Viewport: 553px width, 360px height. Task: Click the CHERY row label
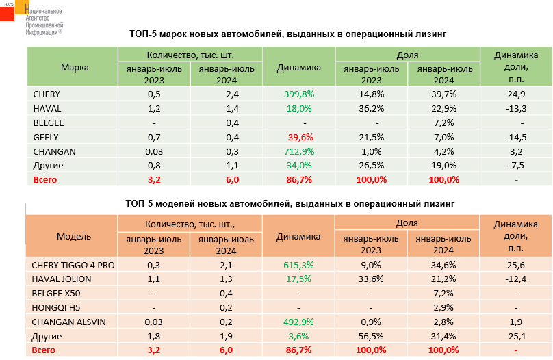(x=47, y=94)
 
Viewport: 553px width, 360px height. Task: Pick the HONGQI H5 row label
(x=53, y=307)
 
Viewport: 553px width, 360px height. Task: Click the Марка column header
(x=74, y=67)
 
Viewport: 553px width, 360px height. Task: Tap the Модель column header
(x=74, y=237)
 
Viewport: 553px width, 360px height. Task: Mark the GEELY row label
(x=46, y=137)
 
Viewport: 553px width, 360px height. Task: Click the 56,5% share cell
(x=371, y=336)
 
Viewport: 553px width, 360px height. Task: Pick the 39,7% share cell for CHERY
(x=444, y=94)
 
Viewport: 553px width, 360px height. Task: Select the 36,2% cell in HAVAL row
(x=371, y=108)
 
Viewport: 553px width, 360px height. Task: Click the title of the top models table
(x=290, y=203)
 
